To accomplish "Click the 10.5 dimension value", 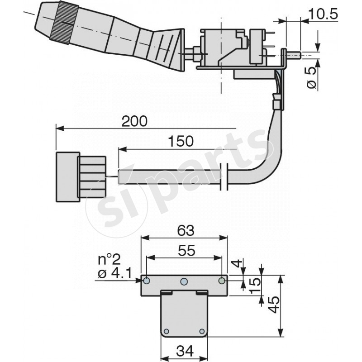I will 323,14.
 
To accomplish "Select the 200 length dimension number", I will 135,121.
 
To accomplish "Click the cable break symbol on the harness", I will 223,176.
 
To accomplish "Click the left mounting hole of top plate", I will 147,281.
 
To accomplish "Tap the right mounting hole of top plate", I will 221,281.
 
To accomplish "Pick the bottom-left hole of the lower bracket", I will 167,331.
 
